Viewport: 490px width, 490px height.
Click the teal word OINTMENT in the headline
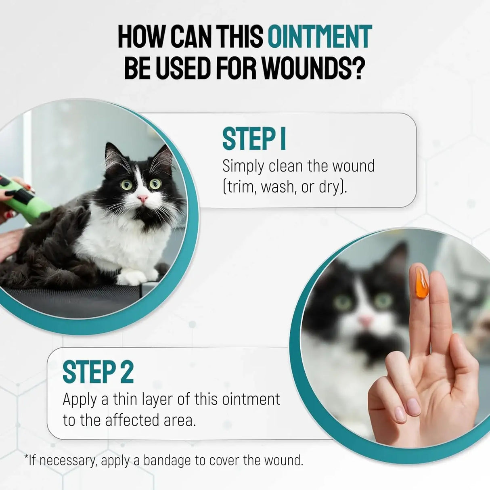pyautogui.click(x=320, y=36)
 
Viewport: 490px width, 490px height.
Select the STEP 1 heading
pyautogui.click(x=254, y=139)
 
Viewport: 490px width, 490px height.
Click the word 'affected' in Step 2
pyautogui.click(x=132, y=420)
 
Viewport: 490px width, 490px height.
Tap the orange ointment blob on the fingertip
pyautogui.click(x=422, y=283)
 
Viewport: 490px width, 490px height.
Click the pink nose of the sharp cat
pyautogui.click(x=142, y=198)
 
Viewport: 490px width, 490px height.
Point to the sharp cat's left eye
pyautogui.click(x=126, y=184)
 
